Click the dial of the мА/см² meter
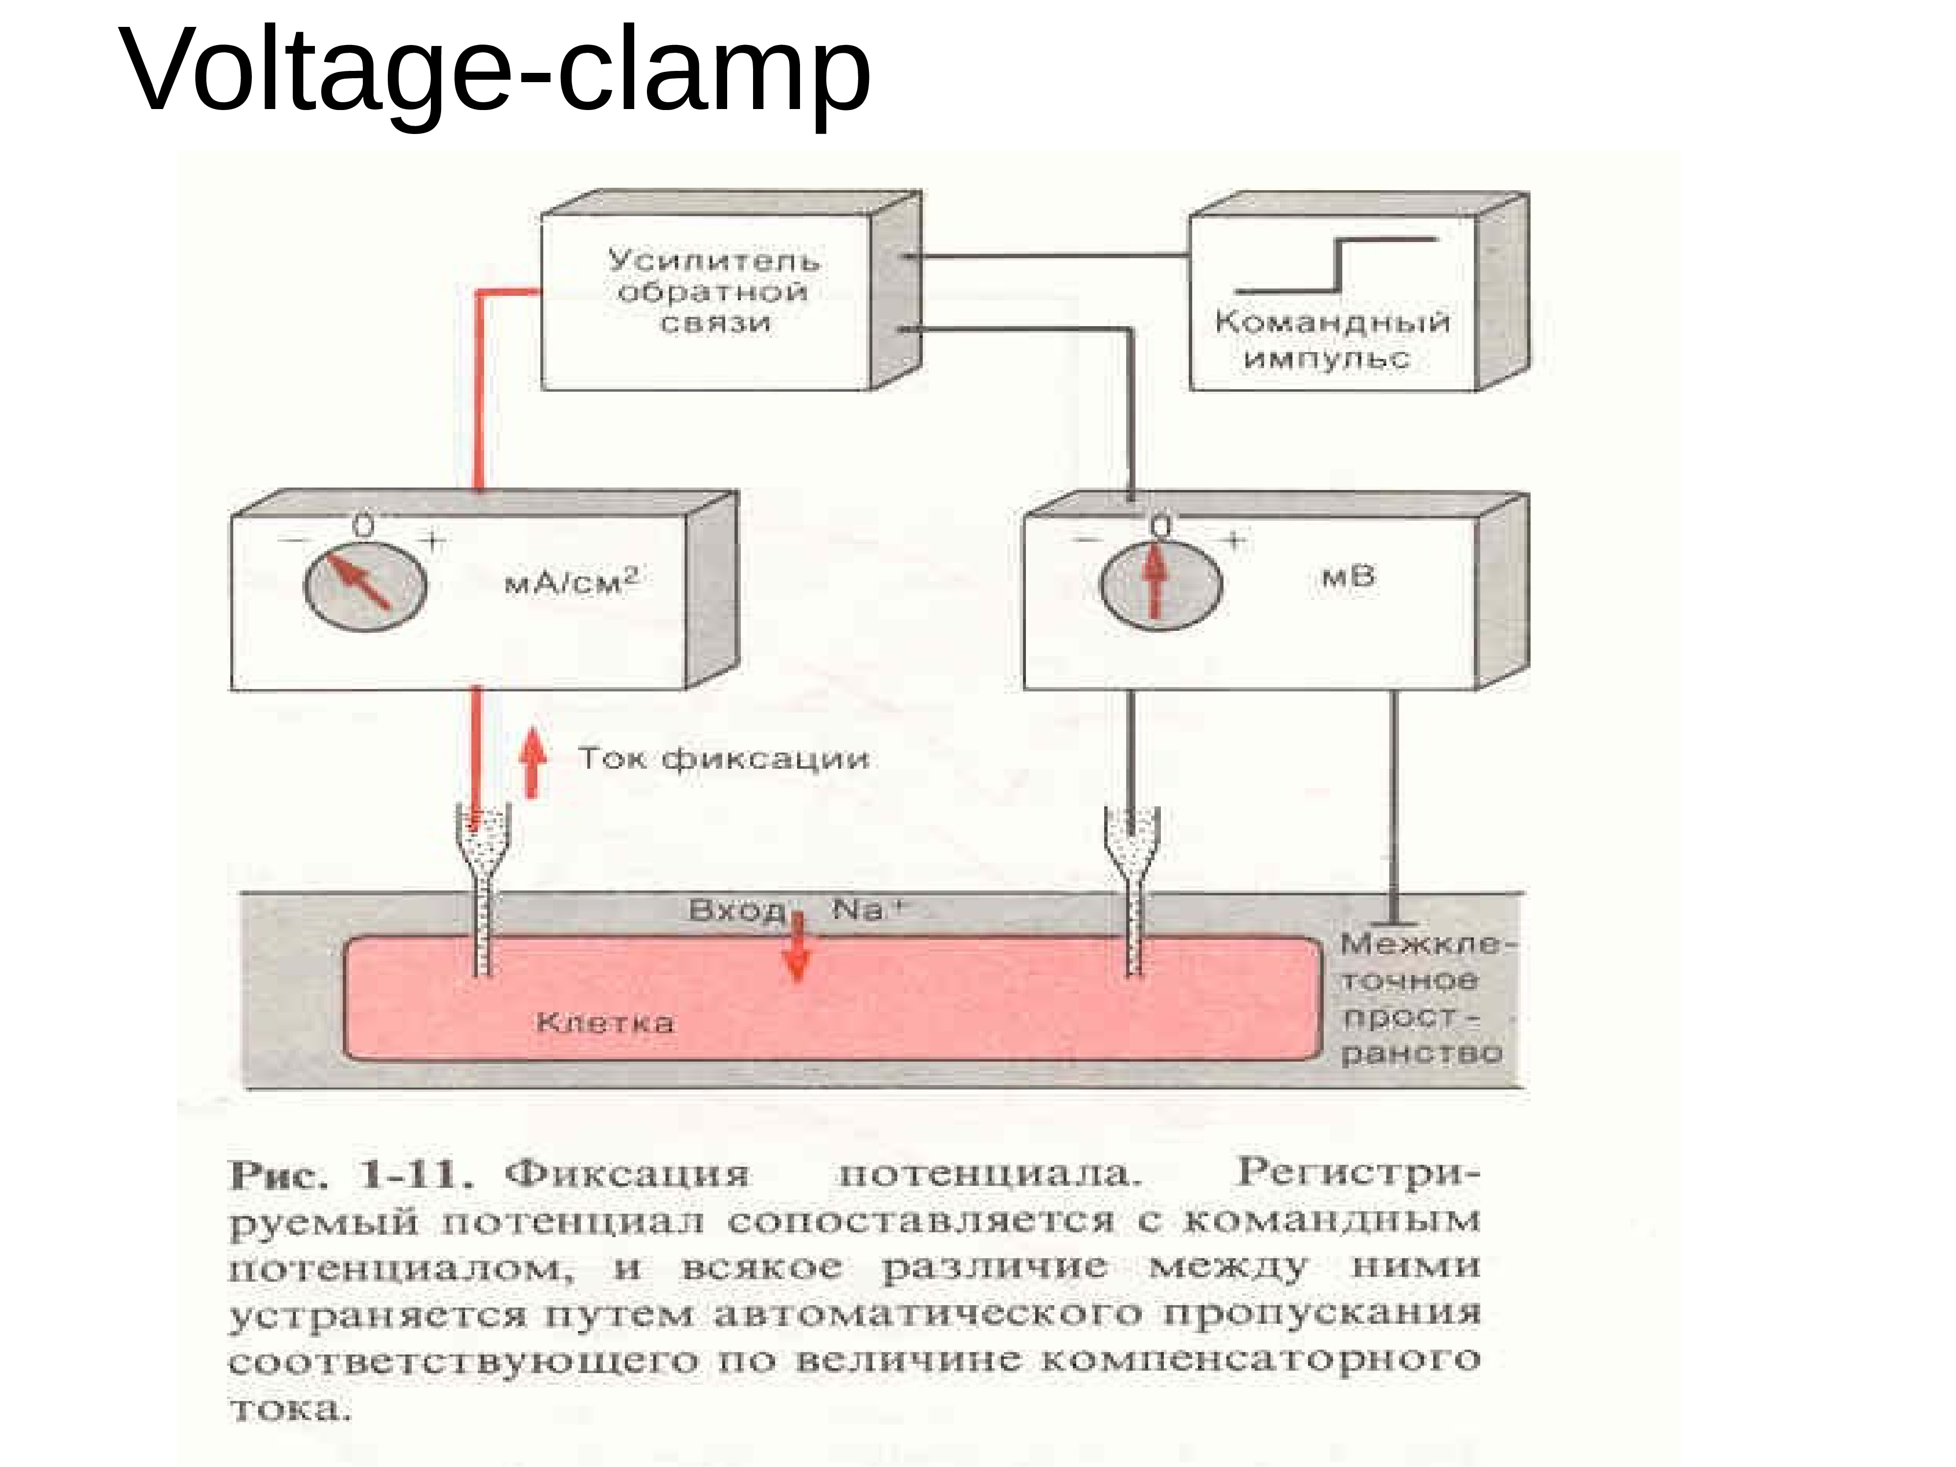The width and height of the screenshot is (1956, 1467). pyautogui.click(x=365, y=585)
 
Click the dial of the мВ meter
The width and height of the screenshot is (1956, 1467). pyautogui.click(x=1161, y=583)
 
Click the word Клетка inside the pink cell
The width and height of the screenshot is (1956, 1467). pyautogui.click(x=605, y=1023)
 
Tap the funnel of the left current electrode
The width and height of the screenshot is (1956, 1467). pyautogui.click(x=483, y=836)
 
